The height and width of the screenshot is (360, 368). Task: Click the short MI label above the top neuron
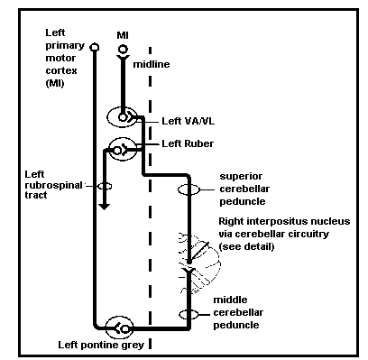[123, 35]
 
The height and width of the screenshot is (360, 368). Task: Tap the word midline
[152, 64]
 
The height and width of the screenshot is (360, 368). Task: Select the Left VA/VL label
[189, 121]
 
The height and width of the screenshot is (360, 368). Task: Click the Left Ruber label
[188, 143]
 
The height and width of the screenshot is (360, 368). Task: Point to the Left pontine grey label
[101, 345]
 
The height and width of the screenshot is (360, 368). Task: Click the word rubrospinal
[53, 185]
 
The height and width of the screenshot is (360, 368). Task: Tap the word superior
[241, 176]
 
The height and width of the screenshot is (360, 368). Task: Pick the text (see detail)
[246, 246]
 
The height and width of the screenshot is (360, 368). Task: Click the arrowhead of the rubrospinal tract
[105, 207]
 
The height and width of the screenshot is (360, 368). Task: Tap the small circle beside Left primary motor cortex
[95, 47]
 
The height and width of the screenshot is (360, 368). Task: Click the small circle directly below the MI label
[123, 49]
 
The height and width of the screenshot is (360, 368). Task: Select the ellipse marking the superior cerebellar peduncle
[189, 189]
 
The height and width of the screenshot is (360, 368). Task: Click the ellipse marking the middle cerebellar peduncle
[189, 315]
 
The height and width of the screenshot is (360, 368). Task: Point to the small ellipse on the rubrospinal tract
[105, 186]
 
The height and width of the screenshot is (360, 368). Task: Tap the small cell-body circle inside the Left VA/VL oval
[123, 117]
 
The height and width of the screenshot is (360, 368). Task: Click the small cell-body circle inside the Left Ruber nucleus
[117, 150]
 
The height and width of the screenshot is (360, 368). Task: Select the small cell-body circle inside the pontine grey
[125, 329]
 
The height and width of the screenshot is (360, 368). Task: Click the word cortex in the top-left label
[61, 70]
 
